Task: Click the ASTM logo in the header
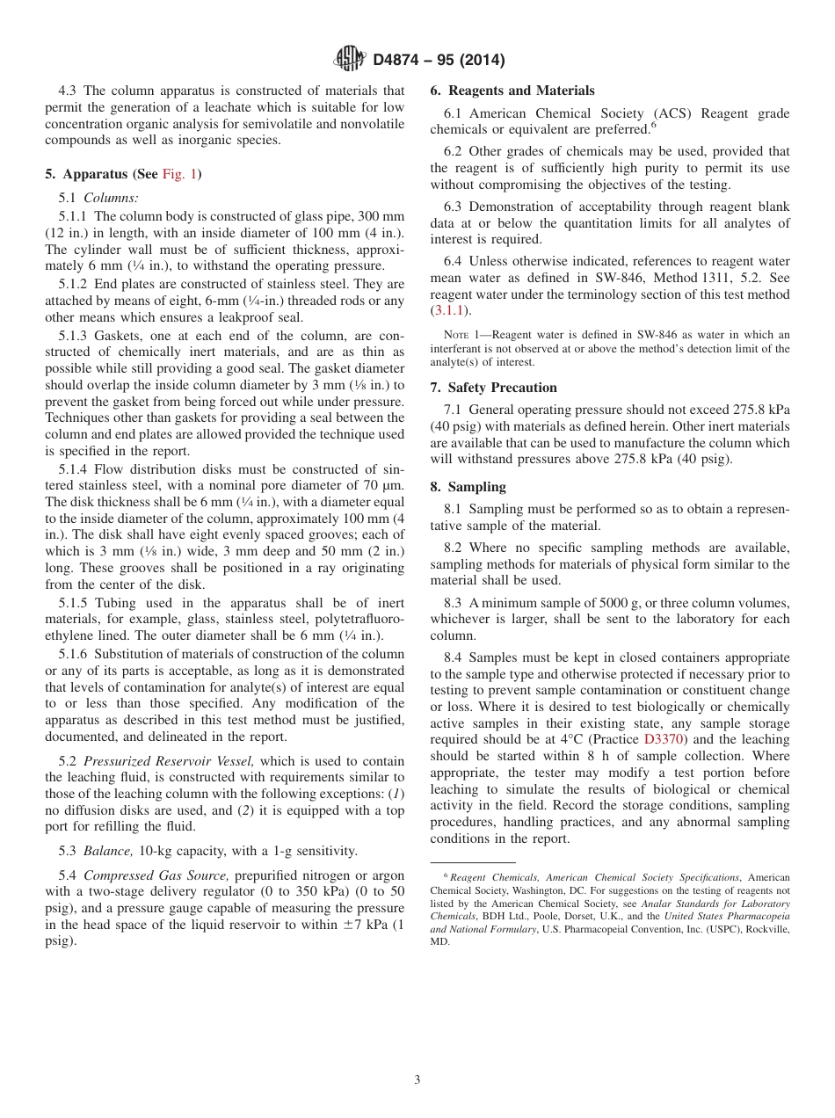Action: [x=350, y=61]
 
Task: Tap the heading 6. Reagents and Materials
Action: [x=512, y=91]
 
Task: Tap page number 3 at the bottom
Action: [x=417, y=1080]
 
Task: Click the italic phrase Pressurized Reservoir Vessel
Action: [x=169, y=761]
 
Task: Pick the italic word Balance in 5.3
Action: [x=107, y=851]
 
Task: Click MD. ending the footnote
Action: [x=439, y=940]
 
